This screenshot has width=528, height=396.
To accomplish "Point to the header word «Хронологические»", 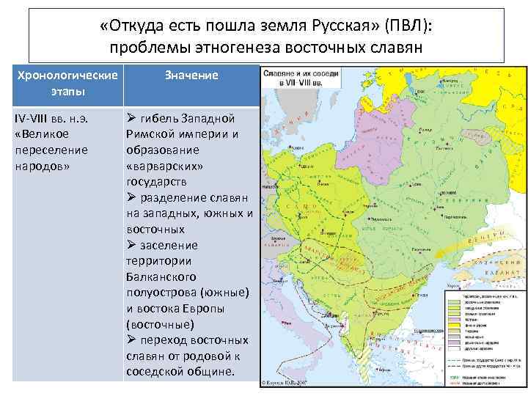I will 67,76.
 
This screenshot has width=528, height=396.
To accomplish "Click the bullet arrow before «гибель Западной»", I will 131,118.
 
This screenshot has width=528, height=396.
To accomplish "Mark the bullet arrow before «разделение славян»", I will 131,197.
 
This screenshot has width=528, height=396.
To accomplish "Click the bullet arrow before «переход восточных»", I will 131,340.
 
